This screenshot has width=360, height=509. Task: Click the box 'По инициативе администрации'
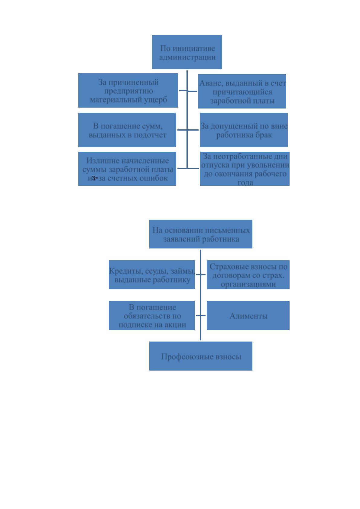[x=187, y=52]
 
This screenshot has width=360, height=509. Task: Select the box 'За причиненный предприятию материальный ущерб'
[x=128, y=90]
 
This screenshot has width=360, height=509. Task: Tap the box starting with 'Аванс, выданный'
[x=242, y=91]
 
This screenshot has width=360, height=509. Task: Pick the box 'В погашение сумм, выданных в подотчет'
[x=127, y=130]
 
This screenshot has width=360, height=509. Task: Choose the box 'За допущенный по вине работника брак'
[x=244, y=130]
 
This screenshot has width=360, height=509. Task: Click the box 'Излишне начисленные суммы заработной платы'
[x=127, y=169]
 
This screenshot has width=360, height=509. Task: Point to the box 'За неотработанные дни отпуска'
[x=245, y=169]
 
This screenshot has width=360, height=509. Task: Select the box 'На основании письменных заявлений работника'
[x=201, y=234]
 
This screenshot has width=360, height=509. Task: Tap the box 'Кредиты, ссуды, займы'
[x=152, y=275]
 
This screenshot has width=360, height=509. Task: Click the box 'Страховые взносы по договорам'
[x=248, y=275]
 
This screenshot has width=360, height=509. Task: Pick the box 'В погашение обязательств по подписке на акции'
[x=152, y=315]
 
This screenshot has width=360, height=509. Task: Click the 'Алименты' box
[x=248, y=315]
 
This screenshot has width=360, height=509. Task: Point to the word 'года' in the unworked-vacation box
[x=245, y=183]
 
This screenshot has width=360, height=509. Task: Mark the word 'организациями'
[x=248, y=284]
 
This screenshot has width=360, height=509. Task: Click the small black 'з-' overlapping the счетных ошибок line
[x=95, y=178]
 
